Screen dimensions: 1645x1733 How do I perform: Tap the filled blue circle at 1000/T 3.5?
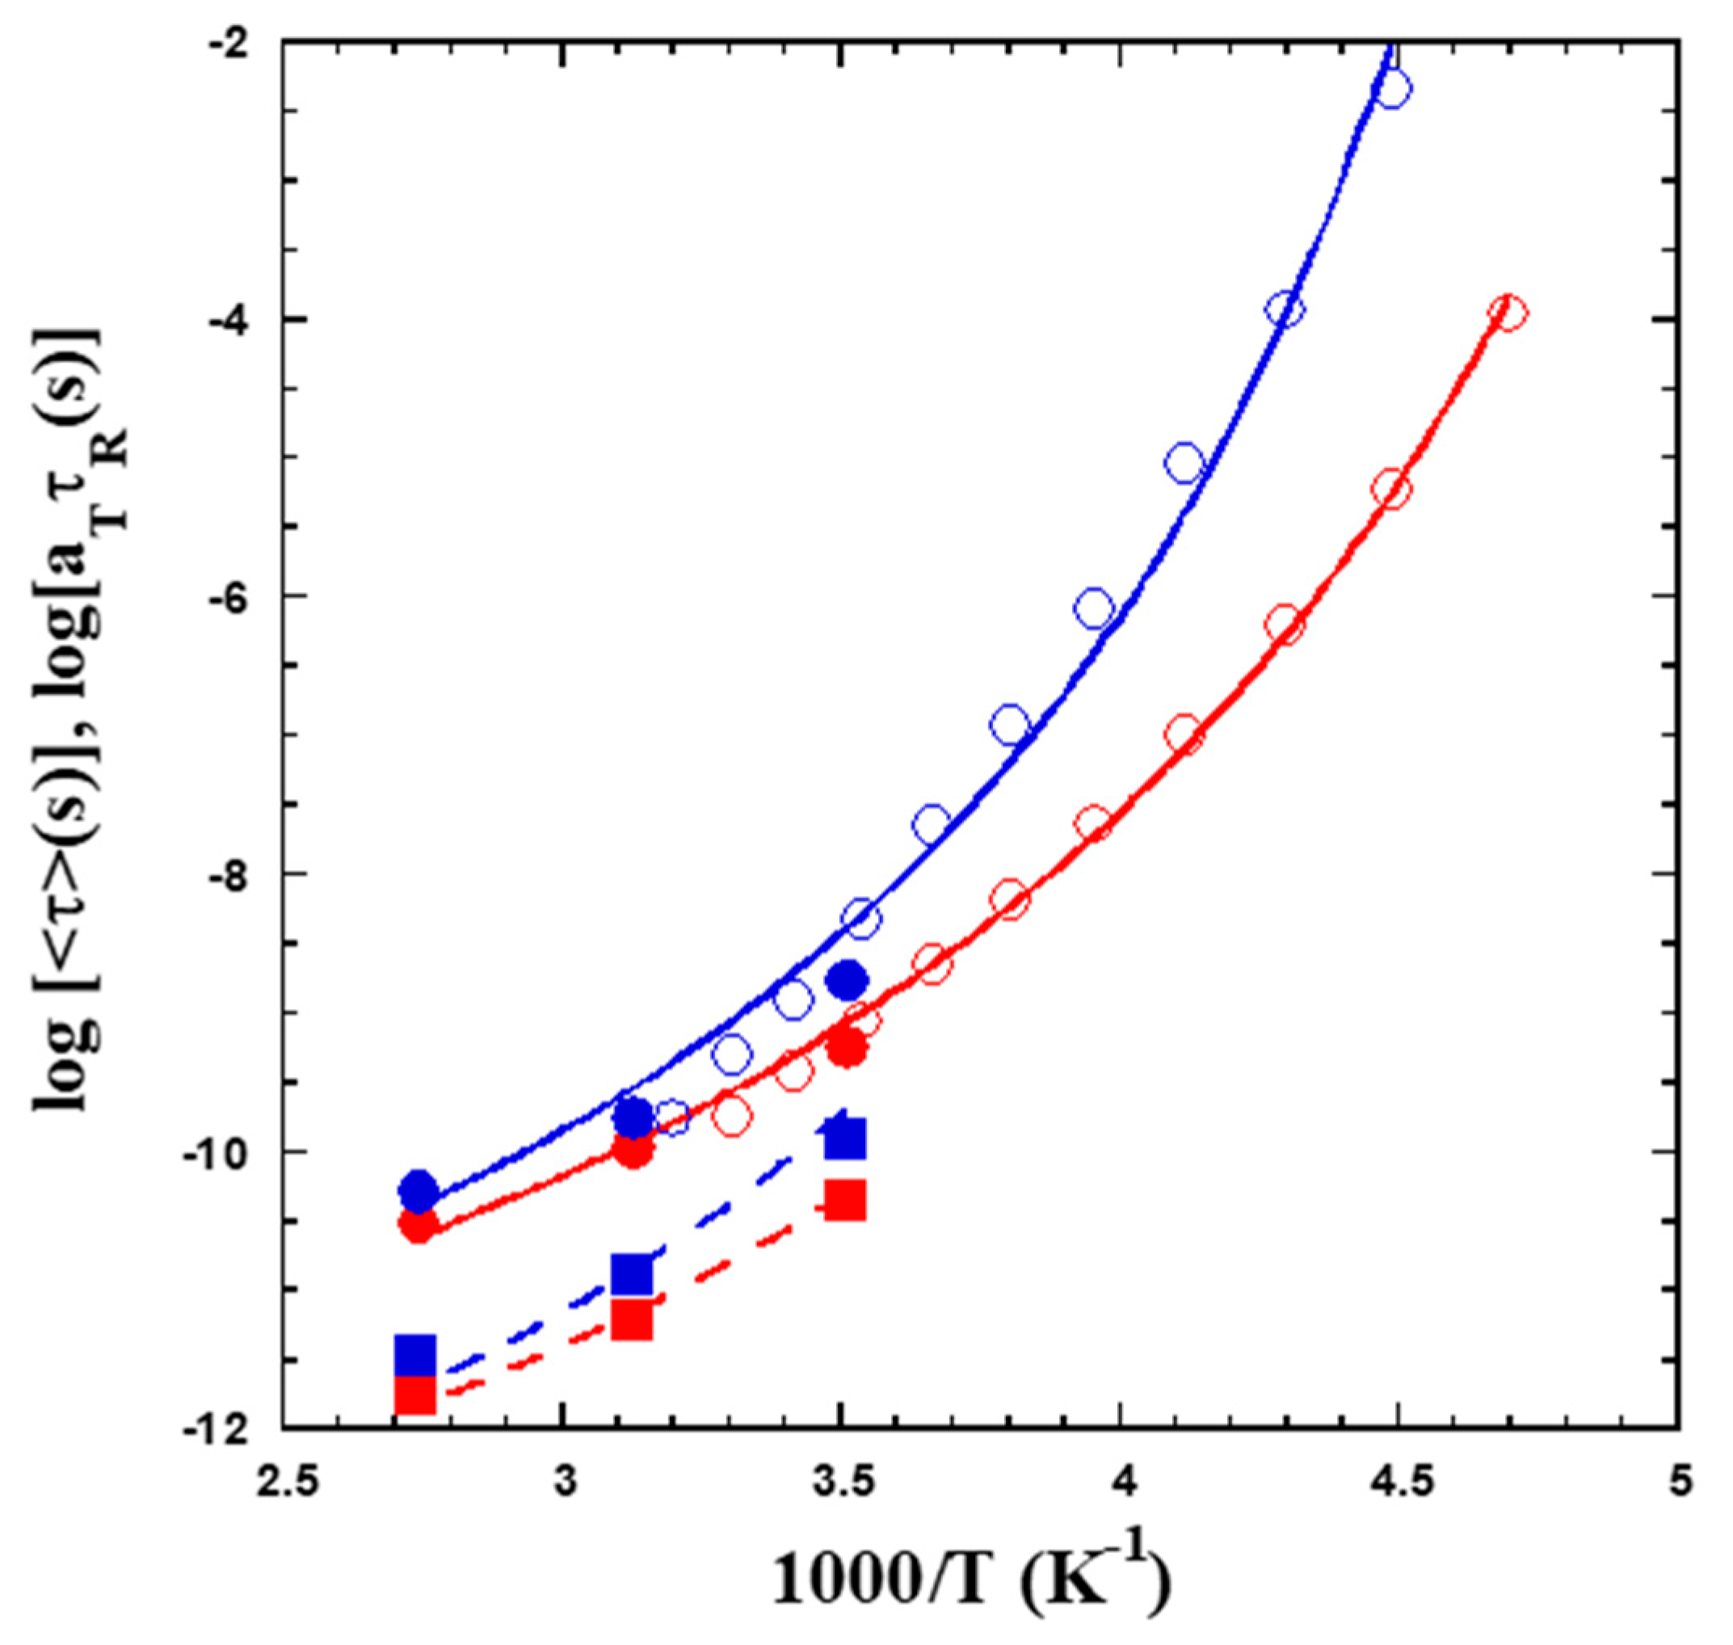(x=847, y=979)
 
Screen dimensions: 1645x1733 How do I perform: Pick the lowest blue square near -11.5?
(x=414, y=1356)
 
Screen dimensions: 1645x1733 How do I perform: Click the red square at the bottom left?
(x=414, y=1395)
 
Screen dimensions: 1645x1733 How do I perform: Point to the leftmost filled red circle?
(x=419, y=1225)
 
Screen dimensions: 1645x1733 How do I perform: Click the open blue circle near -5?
(x=1184, y=462)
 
